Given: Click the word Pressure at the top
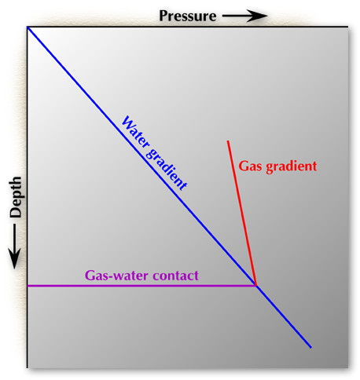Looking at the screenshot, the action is [x=188, y=16].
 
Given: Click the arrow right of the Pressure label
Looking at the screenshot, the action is [x=245, y=16].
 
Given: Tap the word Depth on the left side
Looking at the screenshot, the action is [x=16, y=197].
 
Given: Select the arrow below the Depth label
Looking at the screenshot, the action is [x=14, y=247].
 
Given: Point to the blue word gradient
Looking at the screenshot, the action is [x=166, y=169].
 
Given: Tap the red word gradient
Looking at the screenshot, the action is [x=292, y=166].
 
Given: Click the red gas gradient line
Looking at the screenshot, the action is [x=241, y=213].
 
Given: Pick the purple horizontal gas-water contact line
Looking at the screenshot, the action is [x=141, y=286].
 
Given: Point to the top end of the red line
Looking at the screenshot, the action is [x=228, y=141].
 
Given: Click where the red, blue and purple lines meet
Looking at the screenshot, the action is [x=255, y=285].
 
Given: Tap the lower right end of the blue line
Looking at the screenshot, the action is [x=311, y=348].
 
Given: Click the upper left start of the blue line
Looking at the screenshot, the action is [x=28, y=27].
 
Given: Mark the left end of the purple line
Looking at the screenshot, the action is [x=28, y=286].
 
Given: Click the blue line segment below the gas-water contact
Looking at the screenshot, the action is [x=284, y=316].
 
